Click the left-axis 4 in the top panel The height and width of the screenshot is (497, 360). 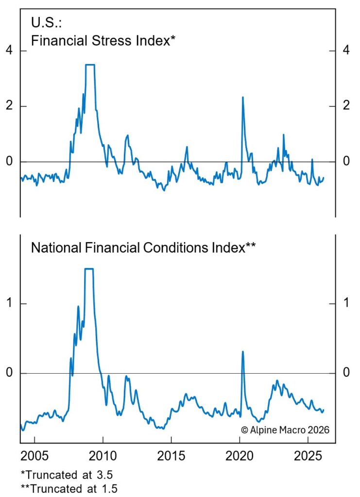pyautogui.click(x=9, y=51)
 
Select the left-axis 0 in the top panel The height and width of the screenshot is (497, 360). pyautogui.click(x=9, y=162)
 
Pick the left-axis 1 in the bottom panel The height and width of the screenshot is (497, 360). pyautogui.click(x=9, y=304)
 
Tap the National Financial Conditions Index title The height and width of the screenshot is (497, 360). pyautogui.click(x=143, y=248)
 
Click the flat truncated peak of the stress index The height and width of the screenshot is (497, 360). pyautogui.click(x=90, y=65)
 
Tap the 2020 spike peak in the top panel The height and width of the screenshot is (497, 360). pyautogui.click(x=242, y=97)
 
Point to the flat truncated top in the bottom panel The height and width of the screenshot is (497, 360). pyautogui.click(x=89, y=269)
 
